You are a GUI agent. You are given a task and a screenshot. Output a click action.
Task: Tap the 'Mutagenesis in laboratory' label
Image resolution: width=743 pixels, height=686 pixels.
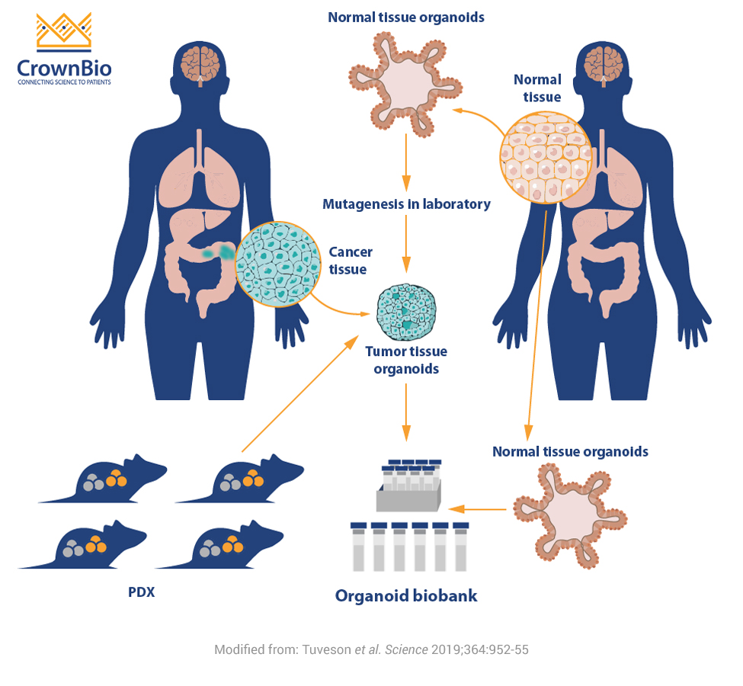point(406,204)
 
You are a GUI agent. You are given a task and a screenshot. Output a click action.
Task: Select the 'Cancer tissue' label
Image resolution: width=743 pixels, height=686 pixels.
point(351,261)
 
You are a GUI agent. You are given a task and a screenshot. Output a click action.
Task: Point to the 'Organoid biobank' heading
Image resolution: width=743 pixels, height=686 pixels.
point(406,595)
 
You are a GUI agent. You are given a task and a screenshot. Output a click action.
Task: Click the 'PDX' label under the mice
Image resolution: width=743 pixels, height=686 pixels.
point(141,591)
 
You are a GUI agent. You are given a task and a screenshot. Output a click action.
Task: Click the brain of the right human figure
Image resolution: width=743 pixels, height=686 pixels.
point(602,63)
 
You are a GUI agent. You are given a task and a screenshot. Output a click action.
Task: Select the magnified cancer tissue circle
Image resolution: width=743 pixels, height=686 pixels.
point(277,262)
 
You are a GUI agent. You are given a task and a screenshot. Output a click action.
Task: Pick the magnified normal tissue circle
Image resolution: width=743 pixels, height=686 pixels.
point(546,157)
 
